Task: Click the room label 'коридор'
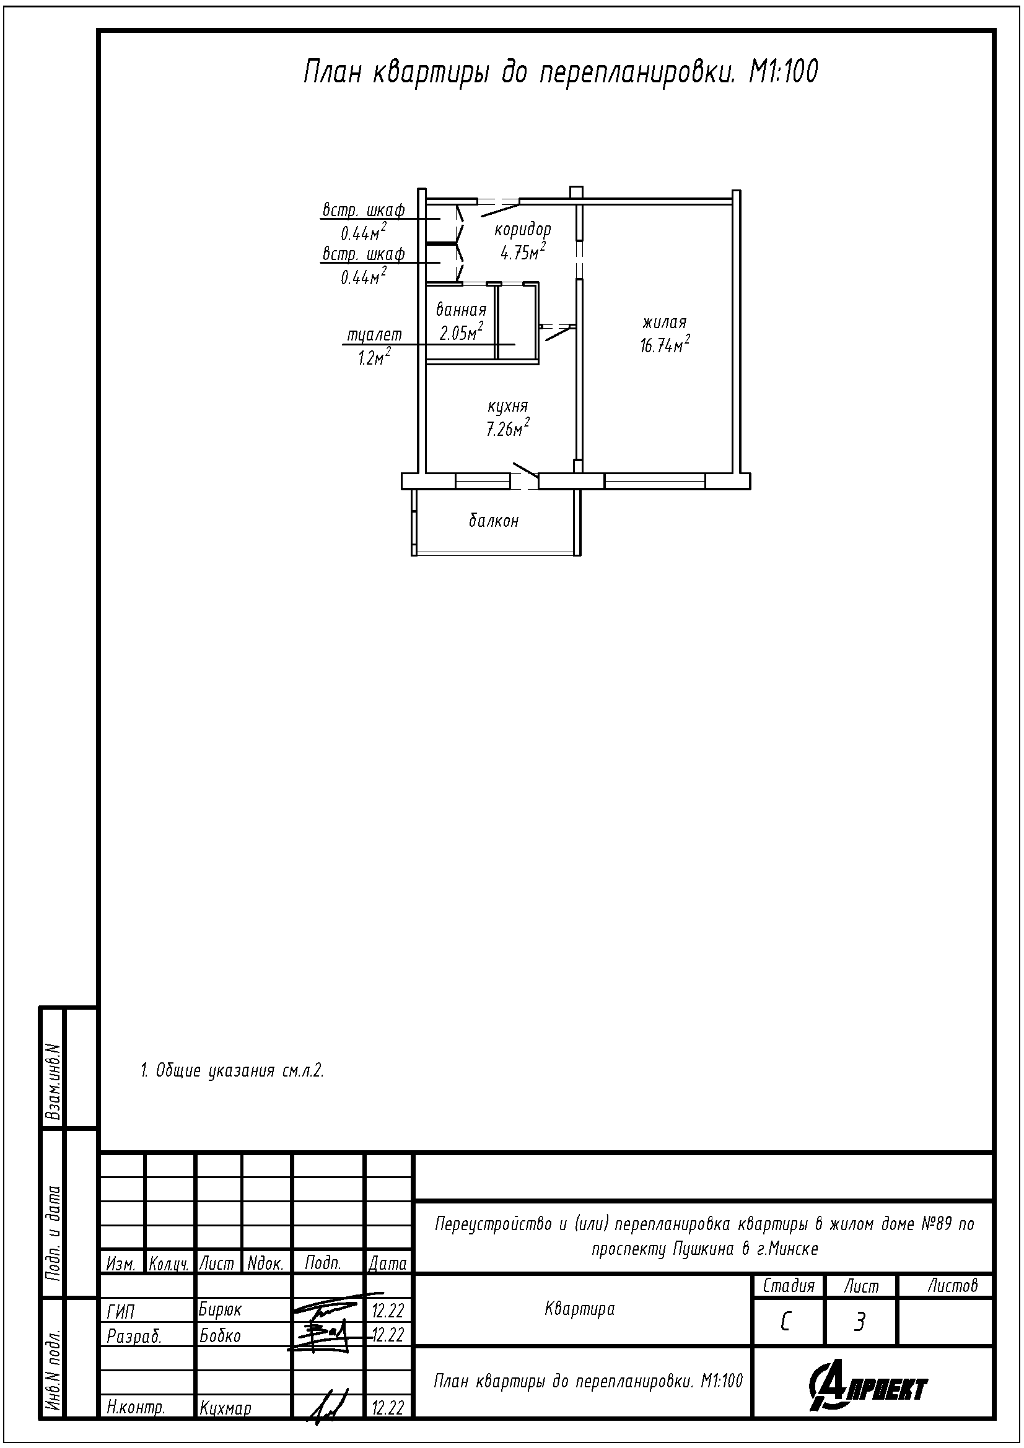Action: [x=522, y=230]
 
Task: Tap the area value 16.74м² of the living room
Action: [x=664, y=345]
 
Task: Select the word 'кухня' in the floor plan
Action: [x=507, y=406]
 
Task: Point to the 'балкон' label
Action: [x=493, y=521]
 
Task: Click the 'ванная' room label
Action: [x=462, y=310]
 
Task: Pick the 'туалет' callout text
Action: [x=374, y=336]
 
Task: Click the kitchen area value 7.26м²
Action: [x=507, y=429]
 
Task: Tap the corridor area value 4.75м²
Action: [x=522, y=252]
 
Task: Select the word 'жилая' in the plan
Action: [x=664, y=323]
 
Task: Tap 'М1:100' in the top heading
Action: [x=783, y=72]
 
